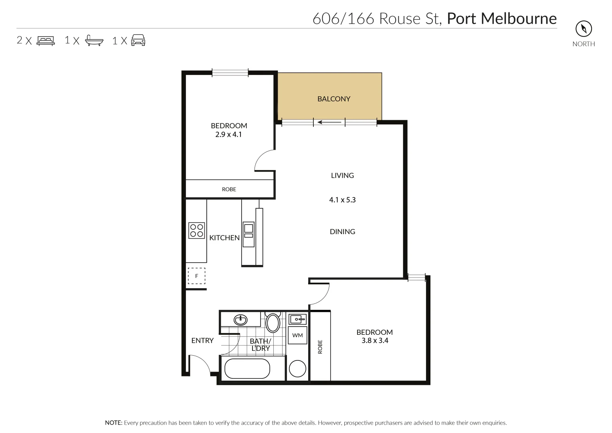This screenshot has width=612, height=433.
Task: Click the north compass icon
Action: tap(584, 28)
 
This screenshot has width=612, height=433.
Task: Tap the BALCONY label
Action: tap(333, 99)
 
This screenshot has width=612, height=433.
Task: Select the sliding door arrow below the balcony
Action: tap(329, 122)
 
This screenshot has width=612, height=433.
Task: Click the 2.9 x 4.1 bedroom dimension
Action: tap(228, 135)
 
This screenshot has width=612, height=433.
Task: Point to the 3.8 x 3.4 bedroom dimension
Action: tap(374, 341)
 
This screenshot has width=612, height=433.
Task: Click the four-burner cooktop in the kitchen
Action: tap(196, 231)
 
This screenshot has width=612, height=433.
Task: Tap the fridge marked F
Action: tap(196, 276)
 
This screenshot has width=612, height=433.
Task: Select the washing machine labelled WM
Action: tap(297, 335)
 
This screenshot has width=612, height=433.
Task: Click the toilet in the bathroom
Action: tap(273, 323)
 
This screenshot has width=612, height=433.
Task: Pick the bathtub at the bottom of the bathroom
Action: tap(247, 368)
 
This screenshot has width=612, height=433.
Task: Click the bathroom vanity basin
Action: tap(240, 320)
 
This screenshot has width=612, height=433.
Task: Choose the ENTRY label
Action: tap(202, 340)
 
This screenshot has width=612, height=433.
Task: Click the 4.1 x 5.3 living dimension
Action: tap(342, 200)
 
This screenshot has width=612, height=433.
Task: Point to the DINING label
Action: tap(342, 231)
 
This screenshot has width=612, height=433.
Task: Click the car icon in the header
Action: tap(138, 40)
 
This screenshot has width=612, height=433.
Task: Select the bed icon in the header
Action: tap(46, 40)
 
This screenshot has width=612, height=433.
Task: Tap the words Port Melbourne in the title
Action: tap(501, 18)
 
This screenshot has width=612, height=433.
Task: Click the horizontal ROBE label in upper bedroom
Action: tap(229, 189)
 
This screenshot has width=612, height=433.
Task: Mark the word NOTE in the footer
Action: tap(113, 423)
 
